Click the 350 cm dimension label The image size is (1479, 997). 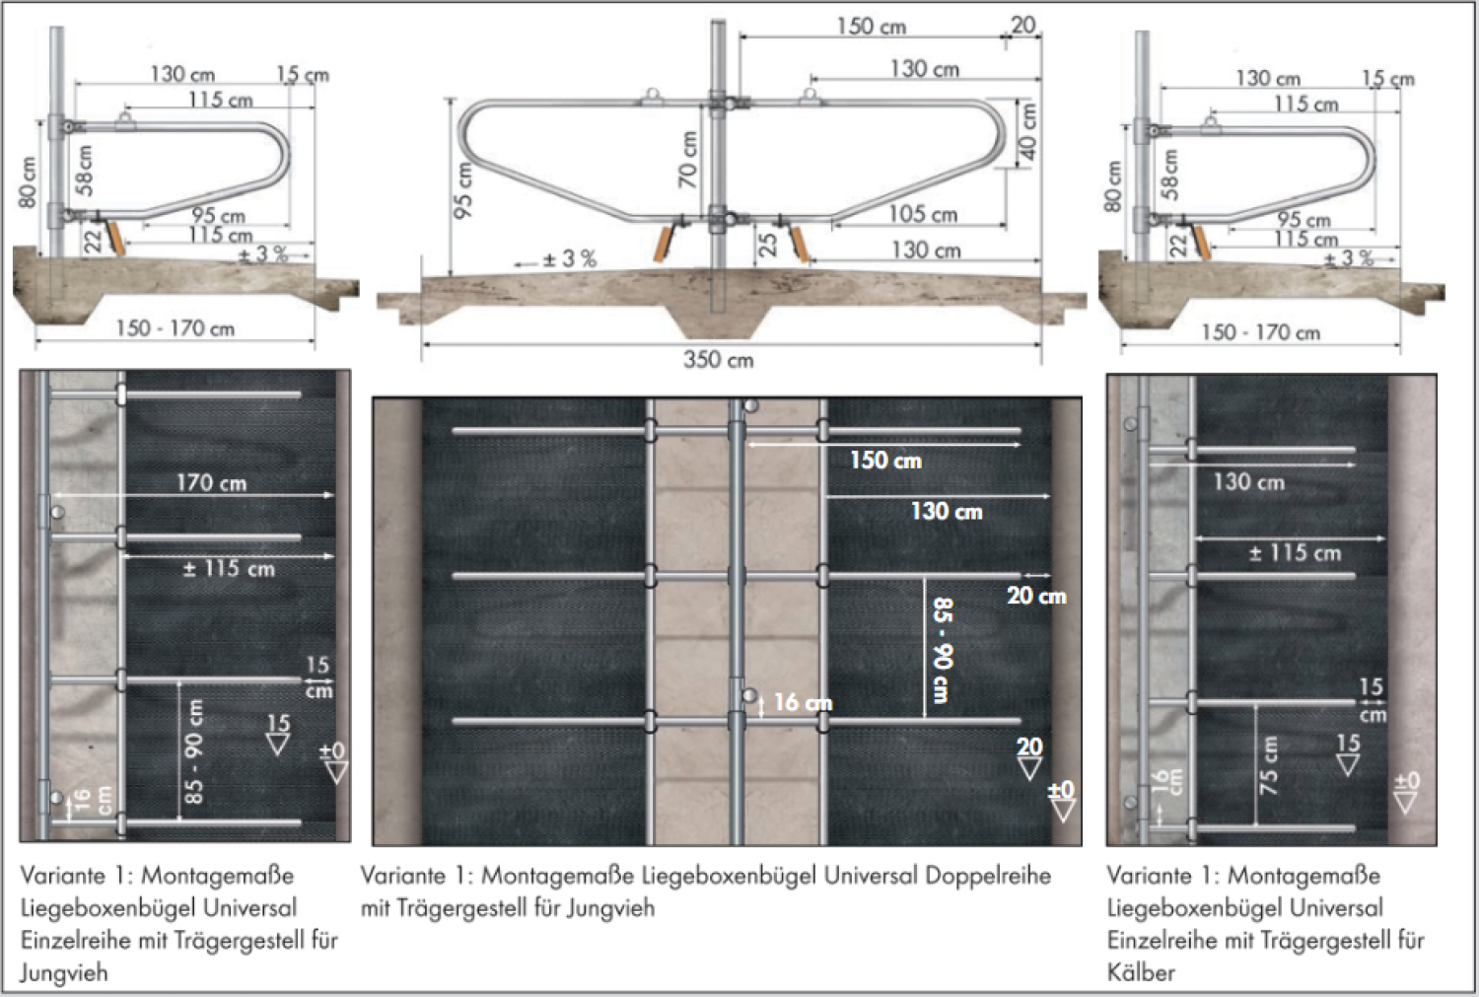tap(719, 360)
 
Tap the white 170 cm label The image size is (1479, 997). tap(211, 482)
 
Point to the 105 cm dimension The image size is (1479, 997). tap(923, 214)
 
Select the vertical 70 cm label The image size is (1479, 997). tap(688, 159)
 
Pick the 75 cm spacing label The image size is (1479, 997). tap(1268, 765)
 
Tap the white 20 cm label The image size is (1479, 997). tap(1036, 596)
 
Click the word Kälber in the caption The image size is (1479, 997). tap(1141, 972)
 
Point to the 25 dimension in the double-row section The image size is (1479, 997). tap(768, 245)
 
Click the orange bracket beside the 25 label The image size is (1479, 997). tap(799, 244)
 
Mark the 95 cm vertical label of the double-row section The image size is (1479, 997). tap(463, 190)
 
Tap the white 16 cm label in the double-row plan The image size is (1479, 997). tap(803, 702)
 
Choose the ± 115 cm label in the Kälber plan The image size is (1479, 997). tap(1295, 552)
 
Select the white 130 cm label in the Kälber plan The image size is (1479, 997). tap(1249, 482)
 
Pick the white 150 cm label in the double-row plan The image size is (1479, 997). tap(885, 461)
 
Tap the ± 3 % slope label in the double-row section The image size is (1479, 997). tap(570, 258)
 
